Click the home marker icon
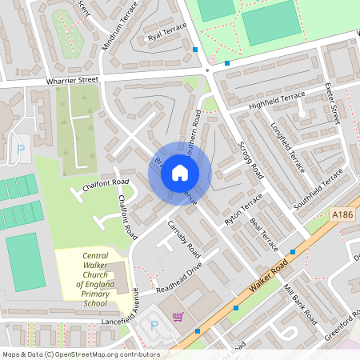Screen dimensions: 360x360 pyautogui.click(x=180, y=172)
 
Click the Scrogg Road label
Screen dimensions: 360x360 pyautogui.click(x=251, y=161)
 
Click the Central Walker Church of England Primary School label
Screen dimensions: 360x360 pyautogui.click(x=95, y=280)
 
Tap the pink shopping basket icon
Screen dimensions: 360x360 pyautogui.click(x=178, y=316)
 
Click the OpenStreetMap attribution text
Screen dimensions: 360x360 pyautogui.click(x=80, y=354)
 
